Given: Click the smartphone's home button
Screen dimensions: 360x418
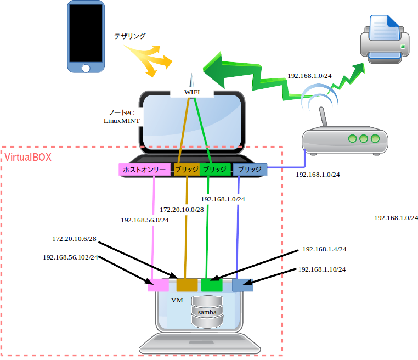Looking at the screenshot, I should pyautogui.click(x=86, y=68).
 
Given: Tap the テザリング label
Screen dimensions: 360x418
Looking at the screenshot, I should pyautogui.click(x=130, y=36).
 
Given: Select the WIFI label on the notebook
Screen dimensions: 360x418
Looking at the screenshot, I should pyautogui.click(x=192, y=92).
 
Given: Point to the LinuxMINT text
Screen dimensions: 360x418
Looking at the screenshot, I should pyautogui.click(x=122, y=120).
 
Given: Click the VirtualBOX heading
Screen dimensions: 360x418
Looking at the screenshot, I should pyautogui.click(x=28, y=157).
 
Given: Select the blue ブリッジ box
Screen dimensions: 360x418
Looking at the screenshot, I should pyautogui.click(x=250, y=170).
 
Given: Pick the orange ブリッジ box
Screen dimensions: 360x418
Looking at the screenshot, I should pyautogui.click(x=187, y=170).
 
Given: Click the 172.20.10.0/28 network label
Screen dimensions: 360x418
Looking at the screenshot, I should pyautogui.click(x=182, y=210).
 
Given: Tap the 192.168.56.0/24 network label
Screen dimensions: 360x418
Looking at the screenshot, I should pyautogui.click(x=145, y=220).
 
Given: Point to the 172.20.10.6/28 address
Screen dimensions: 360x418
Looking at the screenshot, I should pyautogui.click(x=74, y=239).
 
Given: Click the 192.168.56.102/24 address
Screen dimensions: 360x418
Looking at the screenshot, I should pyautogui.click(x=70, y=257).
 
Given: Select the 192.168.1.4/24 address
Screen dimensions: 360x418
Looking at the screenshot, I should pyautogui.click(x=324, y=249).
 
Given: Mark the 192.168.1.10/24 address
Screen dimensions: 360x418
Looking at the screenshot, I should pyautogui.click(x=322, y=269).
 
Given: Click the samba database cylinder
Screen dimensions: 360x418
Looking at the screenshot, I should pyautogui.click(x=207, y=312).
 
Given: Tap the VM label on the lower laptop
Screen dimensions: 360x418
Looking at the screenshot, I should pyautogui.click(x=177, y=300).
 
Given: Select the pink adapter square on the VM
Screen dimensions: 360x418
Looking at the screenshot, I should pyautogui.click(x=159, y=285).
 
